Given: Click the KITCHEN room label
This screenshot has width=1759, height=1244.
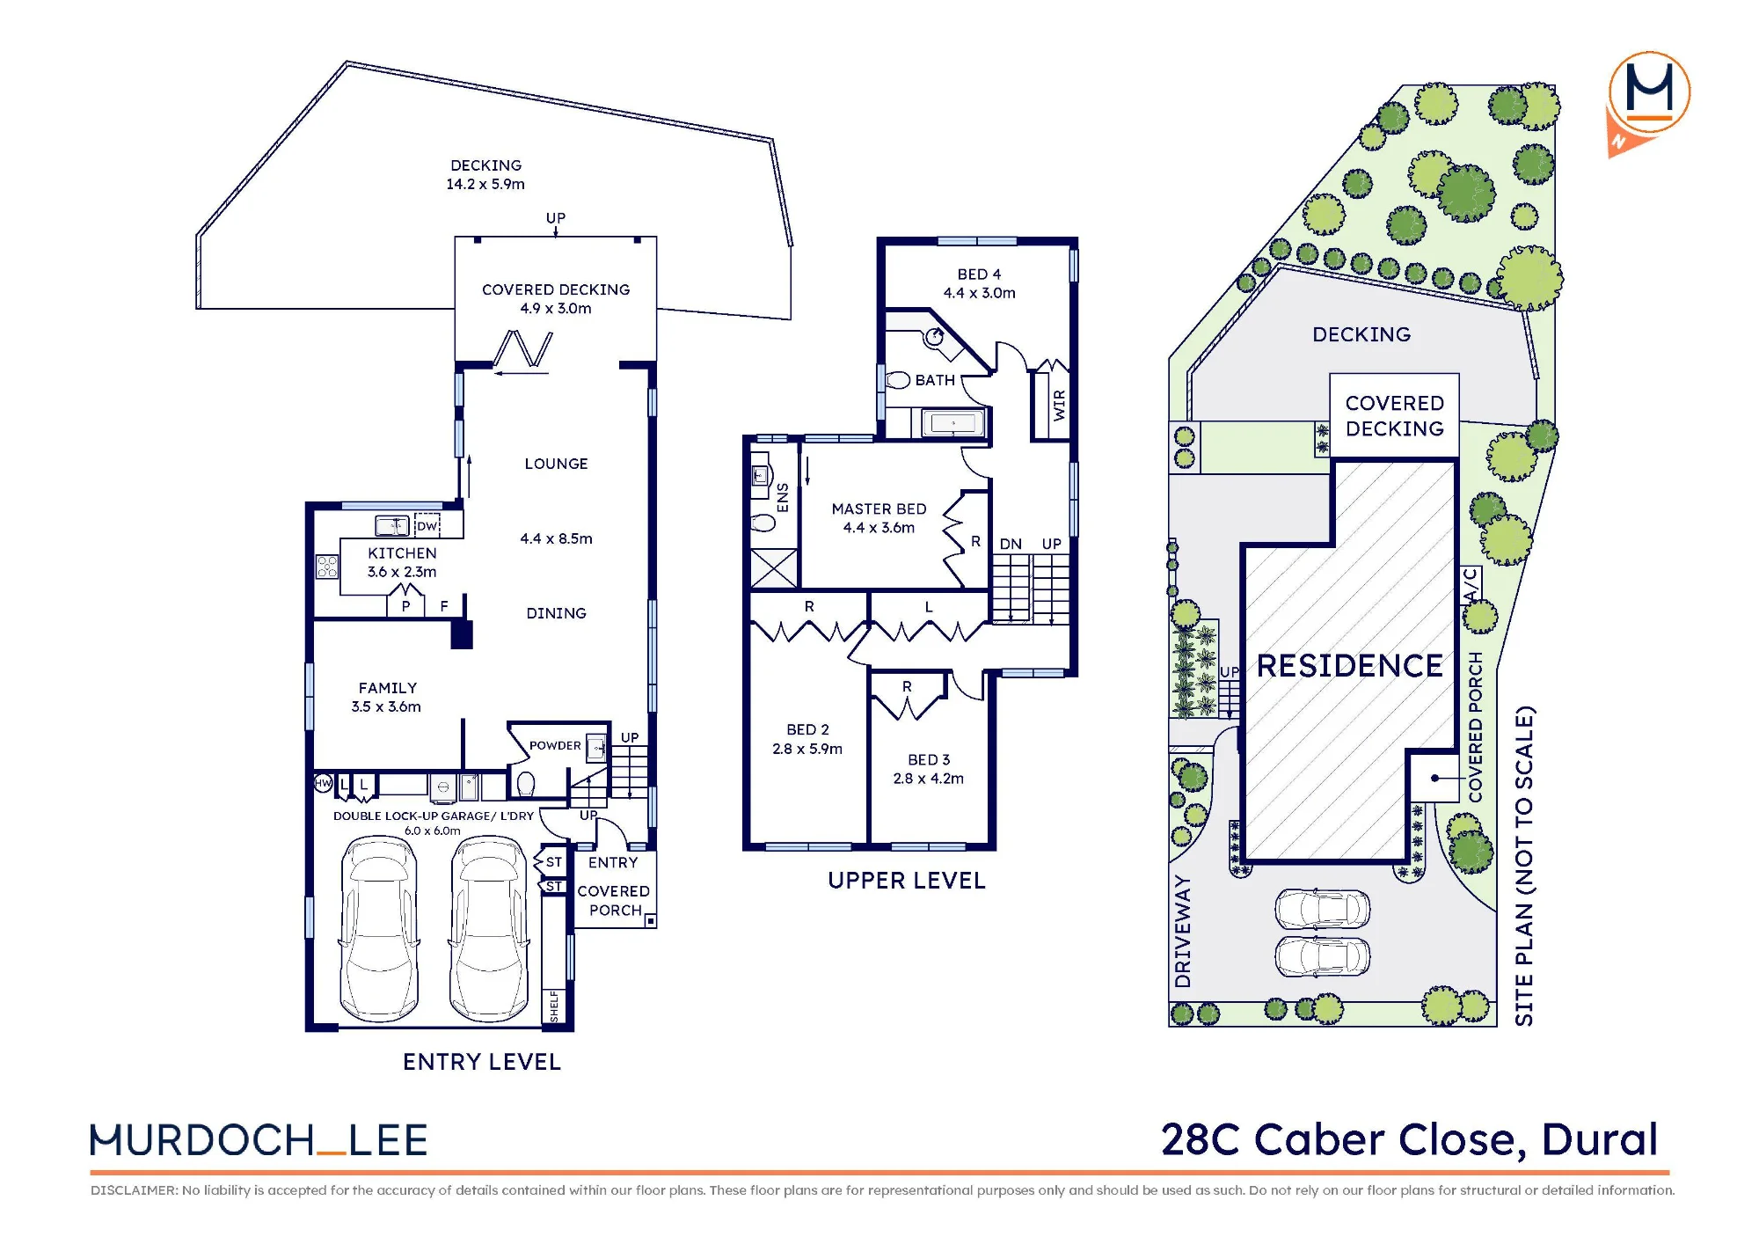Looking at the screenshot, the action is [x=402, y=553].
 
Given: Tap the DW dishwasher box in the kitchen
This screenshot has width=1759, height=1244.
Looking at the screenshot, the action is [x=427, y=526].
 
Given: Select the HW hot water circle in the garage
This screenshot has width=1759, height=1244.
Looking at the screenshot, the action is [x=324, y=783].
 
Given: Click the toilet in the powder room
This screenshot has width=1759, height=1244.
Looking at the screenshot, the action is [x=526, y=783].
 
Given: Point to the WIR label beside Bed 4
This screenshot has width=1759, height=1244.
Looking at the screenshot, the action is [x=1059, y=405].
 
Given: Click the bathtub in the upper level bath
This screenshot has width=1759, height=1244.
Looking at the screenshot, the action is [x=953, y=424].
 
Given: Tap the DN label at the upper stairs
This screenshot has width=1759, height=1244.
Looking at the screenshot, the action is [x=1011, y=545].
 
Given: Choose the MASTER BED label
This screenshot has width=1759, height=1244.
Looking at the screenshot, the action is [x=879, y=509].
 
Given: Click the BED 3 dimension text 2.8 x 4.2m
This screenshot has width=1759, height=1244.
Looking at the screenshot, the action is [x=928, y=779].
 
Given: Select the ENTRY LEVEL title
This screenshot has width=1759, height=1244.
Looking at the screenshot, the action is [x=481, y=1062].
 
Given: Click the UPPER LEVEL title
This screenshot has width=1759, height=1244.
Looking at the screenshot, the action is [x=906, y=881].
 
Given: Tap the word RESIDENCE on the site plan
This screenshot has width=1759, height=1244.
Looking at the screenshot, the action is [x=1350, y=666].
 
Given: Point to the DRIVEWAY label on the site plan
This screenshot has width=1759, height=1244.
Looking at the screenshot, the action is [x=1183, y=932].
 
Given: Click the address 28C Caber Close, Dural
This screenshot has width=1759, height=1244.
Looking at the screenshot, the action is [x=1409, y=1139].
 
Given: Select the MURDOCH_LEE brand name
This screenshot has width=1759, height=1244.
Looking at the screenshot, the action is [x=259, y=1140].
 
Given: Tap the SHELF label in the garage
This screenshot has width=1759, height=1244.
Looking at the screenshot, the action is [x=554, y=1006].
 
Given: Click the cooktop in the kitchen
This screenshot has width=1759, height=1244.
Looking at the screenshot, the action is [x=327, y=567].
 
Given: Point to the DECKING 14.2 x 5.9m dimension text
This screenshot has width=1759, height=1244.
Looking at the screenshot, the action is [x=485, y=184].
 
